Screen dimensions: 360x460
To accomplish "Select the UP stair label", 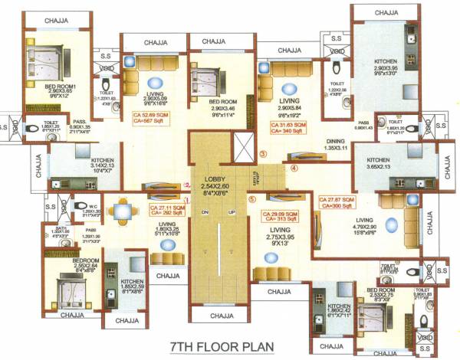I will tap(231, 212).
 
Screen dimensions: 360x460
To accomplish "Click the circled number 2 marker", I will tap(186, 185).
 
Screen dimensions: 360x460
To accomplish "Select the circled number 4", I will tap(294, 167).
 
